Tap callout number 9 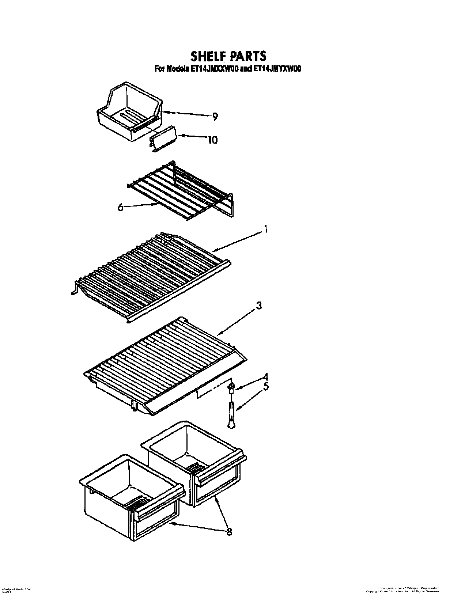tap(215, 117)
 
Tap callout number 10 tap(212, 140)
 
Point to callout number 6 tap(120, 207)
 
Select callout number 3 tap(258, 306)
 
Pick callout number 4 tap(266, 376)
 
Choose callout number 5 tap(266, 386)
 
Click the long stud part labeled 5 tap(231, 413)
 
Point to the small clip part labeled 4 tap(231, 387)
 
